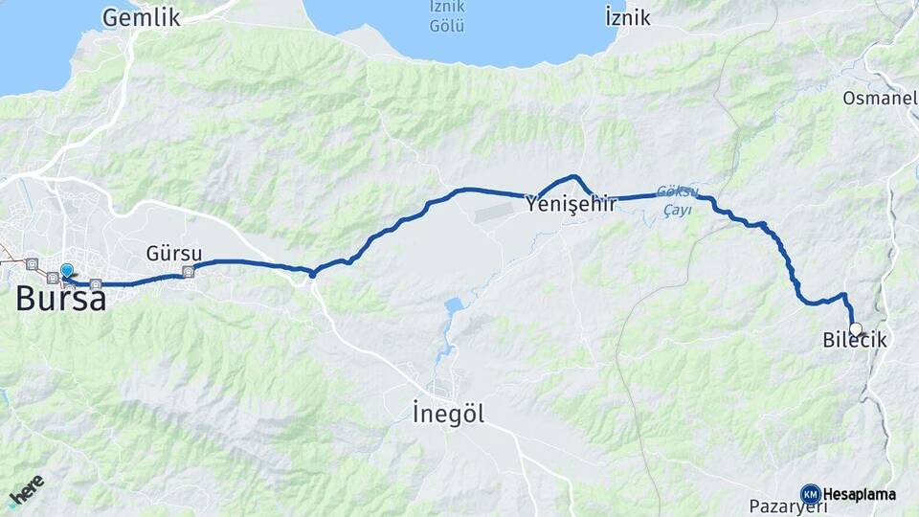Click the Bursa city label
tap(60, 299)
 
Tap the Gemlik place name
tap(141, 16)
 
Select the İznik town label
tap(627, 16)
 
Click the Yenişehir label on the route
tap(571, 202)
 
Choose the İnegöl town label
tap(448, 414)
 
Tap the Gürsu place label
tap(174, 254)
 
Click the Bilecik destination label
tap(855, 341)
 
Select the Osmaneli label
tap(880, 98)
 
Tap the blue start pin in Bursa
tap(66, 272)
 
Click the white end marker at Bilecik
tap(855, 328)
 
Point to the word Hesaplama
tap(859, 495)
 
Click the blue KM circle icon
tap(810, 494)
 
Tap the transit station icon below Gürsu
tap(187, 272)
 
